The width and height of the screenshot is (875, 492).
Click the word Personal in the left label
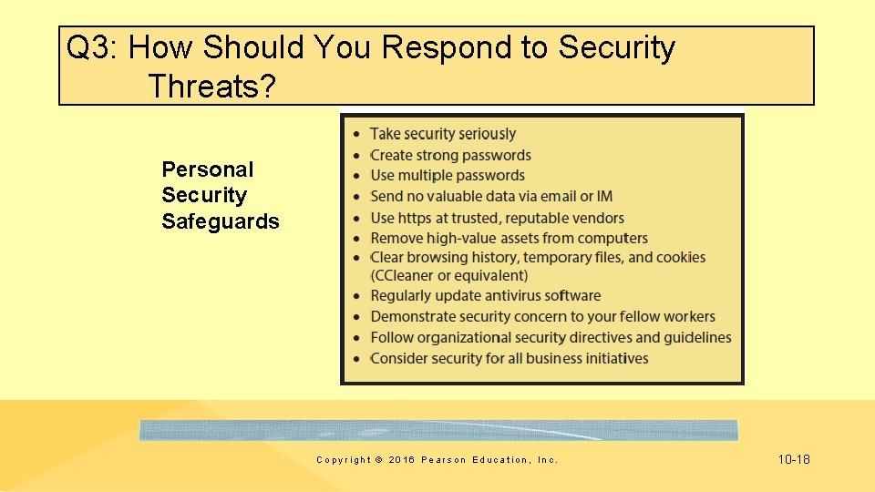208,169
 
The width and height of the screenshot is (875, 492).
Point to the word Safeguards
221,221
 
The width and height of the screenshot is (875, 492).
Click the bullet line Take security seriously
442,134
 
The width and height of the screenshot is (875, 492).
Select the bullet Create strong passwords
450,155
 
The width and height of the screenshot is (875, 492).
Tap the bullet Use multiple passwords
448,175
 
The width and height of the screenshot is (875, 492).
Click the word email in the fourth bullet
559,196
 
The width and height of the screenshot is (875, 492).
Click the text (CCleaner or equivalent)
448,275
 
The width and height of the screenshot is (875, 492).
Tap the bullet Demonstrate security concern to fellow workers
542,316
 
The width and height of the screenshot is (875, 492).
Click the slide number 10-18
794,459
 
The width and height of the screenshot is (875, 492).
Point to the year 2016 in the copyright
400,460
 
